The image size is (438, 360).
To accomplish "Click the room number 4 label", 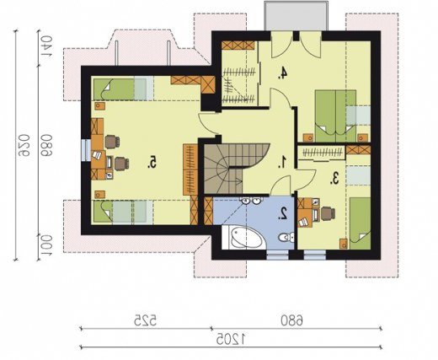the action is click(283, 73).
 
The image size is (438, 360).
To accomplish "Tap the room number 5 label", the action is click(152, 163).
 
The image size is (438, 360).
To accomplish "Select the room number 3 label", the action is click(334, 178).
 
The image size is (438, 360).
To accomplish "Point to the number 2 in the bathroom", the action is click(283, 213).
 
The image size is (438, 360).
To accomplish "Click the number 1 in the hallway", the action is click(283, 163).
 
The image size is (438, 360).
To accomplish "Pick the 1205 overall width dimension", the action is click(231, 339).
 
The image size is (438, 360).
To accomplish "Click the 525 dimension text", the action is click(145, 320).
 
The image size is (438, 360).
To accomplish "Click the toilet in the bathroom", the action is click(286, 238).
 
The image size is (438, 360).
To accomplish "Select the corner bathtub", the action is click(243, 238).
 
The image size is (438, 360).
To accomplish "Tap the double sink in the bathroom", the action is click(251, 201).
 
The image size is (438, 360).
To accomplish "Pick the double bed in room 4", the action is click(336, 116).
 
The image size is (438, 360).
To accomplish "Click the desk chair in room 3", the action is click(328, 213).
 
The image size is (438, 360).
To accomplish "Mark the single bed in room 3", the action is click(361, 223).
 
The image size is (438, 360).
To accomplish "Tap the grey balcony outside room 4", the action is click(296, 16).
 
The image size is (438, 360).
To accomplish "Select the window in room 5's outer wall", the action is click(84, 150).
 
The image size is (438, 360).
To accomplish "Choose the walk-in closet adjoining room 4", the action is click(239, 73).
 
